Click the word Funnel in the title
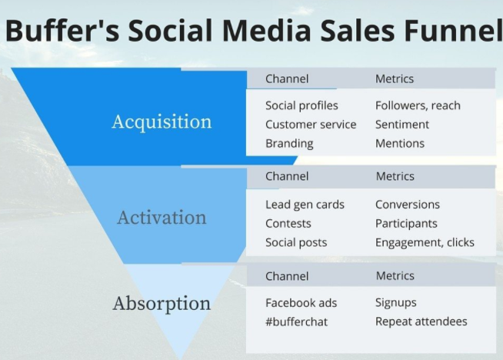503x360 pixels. click(x=453, y=30)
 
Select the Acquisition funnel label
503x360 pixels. click(x=162, y=122)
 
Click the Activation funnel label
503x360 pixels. click(x=162, y=218)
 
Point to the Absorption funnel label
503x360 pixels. click(x=162, y=304)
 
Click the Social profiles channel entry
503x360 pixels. click(x=301, y=105)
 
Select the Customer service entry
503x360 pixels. click(x=311, y=125)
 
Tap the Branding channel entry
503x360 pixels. click(x=289, y=143)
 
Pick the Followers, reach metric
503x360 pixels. click(x=418, y=105)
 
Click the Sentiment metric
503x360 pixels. click(x=402, y=125)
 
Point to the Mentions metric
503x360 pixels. click(x=400, y=143)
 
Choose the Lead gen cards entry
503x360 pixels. click(x=305, y=205)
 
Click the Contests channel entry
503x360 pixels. click(x=288, y=224)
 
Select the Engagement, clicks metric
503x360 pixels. click(x=425, y=242)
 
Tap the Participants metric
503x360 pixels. click(x=406, y=224)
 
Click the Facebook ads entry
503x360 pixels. click(x=301, y=303)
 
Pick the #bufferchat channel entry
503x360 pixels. click(x=297, y=322)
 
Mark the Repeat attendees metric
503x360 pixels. click(x=421, y=322)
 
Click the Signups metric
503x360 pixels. click(x=396, y=303)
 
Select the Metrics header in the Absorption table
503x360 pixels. click(x=395, y=276)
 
